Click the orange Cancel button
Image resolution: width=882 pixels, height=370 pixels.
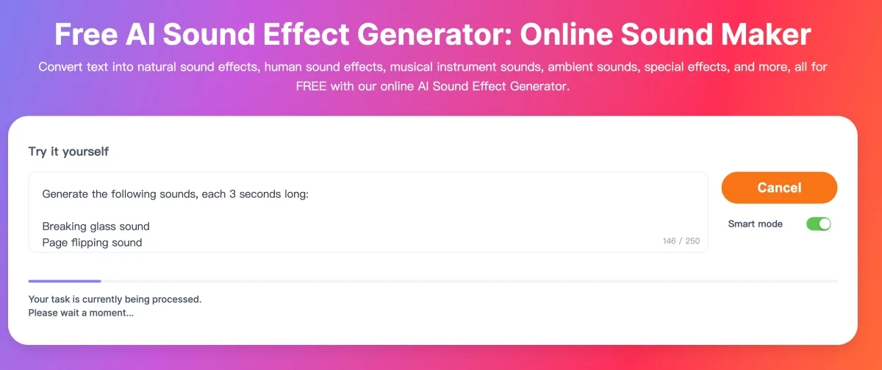pos(779,188)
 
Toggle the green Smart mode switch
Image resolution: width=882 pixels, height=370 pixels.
pos(819,224)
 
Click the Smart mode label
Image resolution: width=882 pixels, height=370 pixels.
pos(756,224)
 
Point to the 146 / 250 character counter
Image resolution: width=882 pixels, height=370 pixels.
pos(681,241)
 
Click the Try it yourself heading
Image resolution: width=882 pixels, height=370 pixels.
pos(68,152)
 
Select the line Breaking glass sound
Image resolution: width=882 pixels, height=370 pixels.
pos(96,226)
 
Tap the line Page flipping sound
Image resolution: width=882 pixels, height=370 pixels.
pos(92,242)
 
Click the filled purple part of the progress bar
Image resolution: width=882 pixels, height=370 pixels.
pos(65,281)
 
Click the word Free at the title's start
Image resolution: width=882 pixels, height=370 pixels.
pos(86,35)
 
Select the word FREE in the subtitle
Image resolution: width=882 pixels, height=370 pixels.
pos(311,86)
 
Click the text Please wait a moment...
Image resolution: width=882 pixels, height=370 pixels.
pos(81,313)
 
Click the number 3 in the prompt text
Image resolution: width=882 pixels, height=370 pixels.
pos(232,194)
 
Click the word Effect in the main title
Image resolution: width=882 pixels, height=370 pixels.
pos(306,35)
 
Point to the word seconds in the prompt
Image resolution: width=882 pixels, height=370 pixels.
pos(259,194)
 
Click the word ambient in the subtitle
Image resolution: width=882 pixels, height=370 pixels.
pos(571,67)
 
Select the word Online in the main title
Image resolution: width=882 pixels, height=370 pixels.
pos(567,35)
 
